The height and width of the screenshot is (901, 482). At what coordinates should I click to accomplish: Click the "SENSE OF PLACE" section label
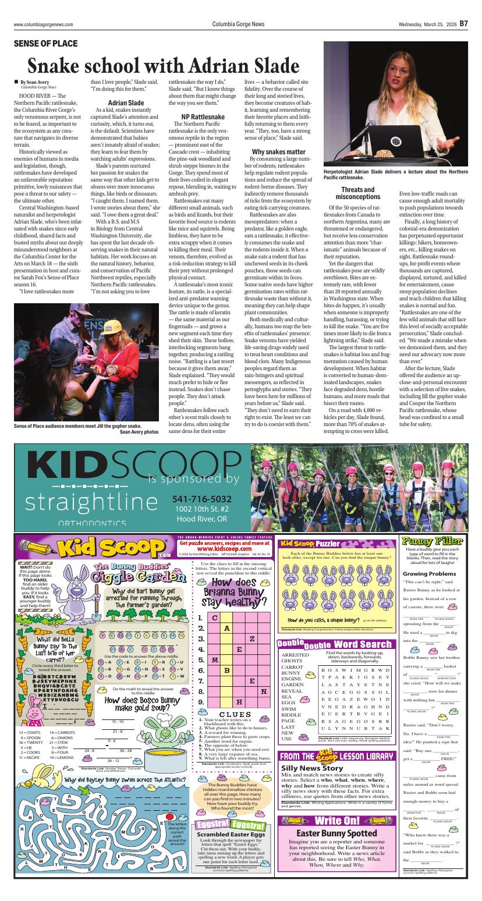[x=45, y=44]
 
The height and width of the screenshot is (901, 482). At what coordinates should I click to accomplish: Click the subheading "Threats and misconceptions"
[x=357, y=193]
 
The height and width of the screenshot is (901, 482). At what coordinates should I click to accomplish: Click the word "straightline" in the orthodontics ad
[x=91, y=501]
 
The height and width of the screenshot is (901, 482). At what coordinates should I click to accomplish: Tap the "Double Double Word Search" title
[x=335, y=644]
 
